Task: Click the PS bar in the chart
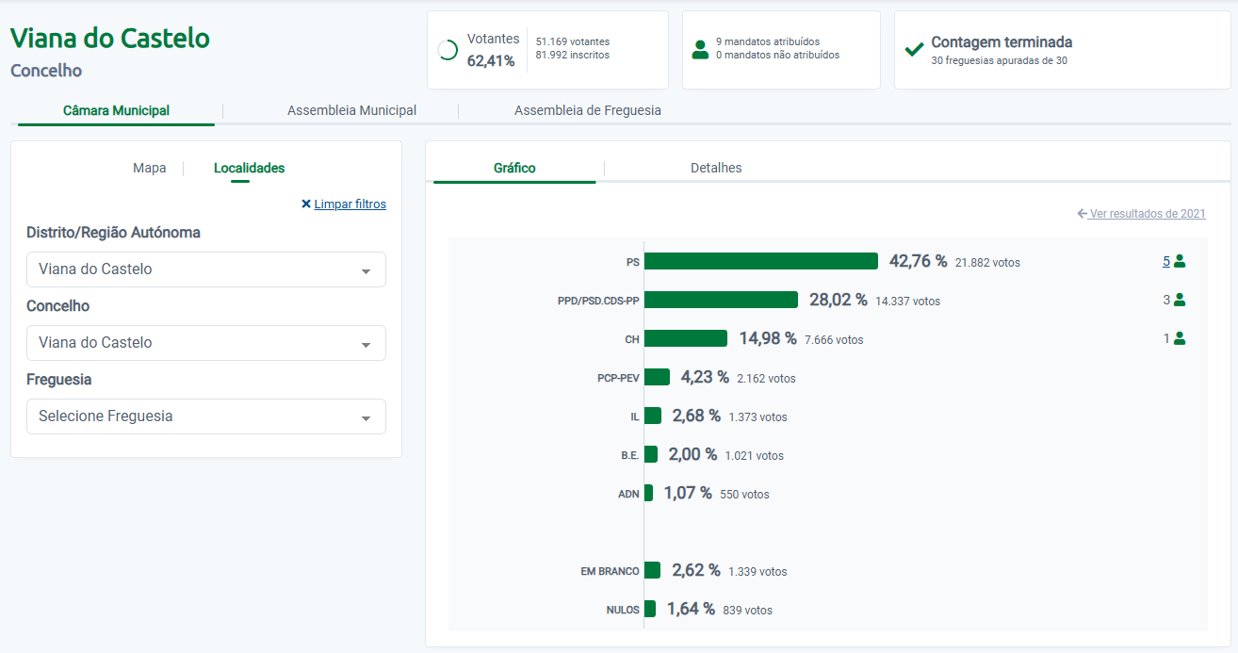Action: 760,261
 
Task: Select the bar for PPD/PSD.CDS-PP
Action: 721,300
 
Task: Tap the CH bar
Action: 685,338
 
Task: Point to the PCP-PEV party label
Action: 618,378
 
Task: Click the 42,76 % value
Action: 918,261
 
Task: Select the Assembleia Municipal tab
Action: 351,110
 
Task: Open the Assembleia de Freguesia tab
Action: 587,110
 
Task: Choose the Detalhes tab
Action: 716,168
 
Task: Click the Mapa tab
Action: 149,168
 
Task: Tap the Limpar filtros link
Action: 350,204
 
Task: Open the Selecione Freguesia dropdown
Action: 205,416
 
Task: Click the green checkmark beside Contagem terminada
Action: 913,49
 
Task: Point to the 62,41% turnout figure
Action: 491,61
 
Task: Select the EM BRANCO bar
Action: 652,570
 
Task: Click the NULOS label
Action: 623,610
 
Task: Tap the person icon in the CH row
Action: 1180,338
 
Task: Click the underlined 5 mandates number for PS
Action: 1165,261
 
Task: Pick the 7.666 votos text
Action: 834,339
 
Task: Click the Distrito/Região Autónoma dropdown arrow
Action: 366,271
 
